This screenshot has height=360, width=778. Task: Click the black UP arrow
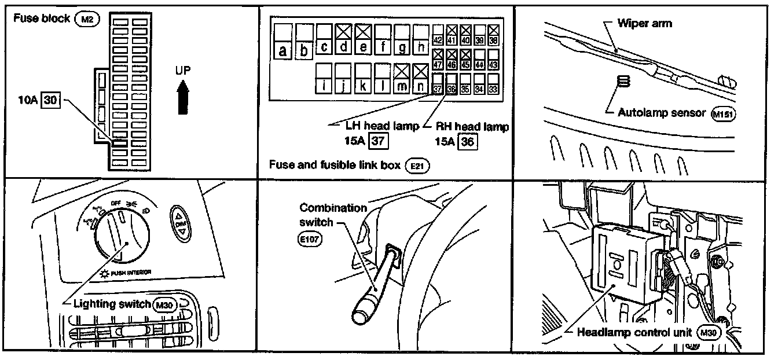[184, 99]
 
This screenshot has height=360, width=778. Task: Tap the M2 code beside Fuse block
[87, 19]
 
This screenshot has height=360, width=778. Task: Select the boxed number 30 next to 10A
[52, 100]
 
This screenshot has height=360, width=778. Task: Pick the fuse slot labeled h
[421, 40]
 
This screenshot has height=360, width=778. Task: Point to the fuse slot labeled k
[363, 79]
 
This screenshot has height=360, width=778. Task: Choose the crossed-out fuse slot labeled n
[421, 79]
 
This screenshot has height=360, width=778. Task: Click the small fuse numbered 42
[438, 34]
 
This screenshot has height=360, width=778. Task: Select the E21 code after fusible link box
[415, 166]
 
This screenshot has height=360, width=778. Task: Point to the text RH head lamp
[472, 127]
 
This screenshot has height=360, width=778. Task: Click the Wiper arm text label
[645, 24]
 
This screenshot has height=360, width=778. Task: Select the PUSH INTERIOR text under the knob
[130, 271]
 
